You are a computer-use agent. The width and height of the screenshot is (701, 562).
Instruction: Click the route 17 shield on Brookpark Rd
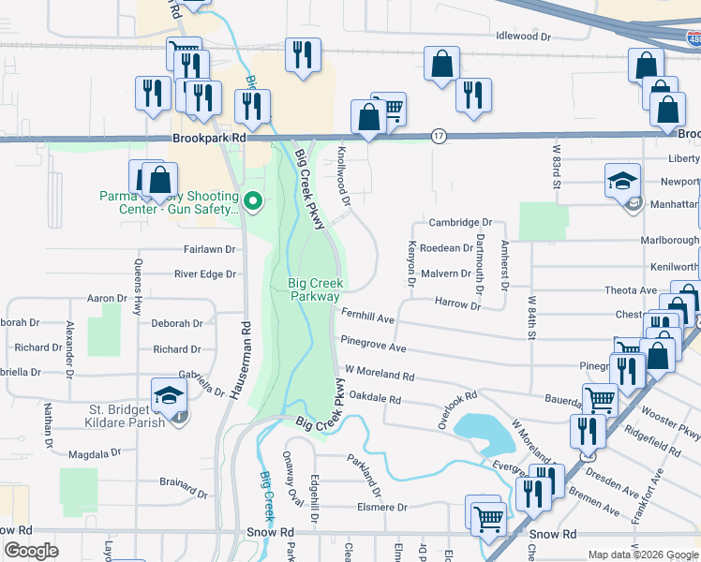pos(439,137)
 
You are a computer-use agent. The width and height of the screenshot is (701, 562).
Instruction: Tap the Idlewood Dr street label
pos(523,37)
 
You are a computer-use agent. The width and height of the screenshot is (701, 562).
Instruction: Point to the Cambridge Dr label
pos(460,223)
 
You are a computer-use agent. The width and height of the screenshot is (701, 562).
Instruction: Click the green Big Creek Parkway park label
pos(314,289)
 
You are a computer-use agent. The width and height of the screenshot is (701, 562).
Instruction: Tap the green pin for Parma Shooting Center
pos(252,200)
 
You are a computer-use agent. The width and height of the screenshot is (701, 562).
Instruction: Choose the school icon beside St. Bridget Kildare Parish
pos(169,394)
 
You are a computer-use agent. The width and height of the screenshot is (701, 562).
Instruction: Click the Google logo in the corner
pos(31,551)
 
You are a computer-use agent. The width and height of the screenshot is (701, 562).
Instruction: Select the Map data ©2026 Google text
pos(642,555)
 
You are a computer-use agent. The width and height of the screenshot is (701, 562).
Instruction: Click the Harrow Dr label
pos(457,304)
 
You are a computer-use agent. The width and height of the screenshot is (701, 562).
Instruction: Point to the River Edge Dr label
pos(204,274)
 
